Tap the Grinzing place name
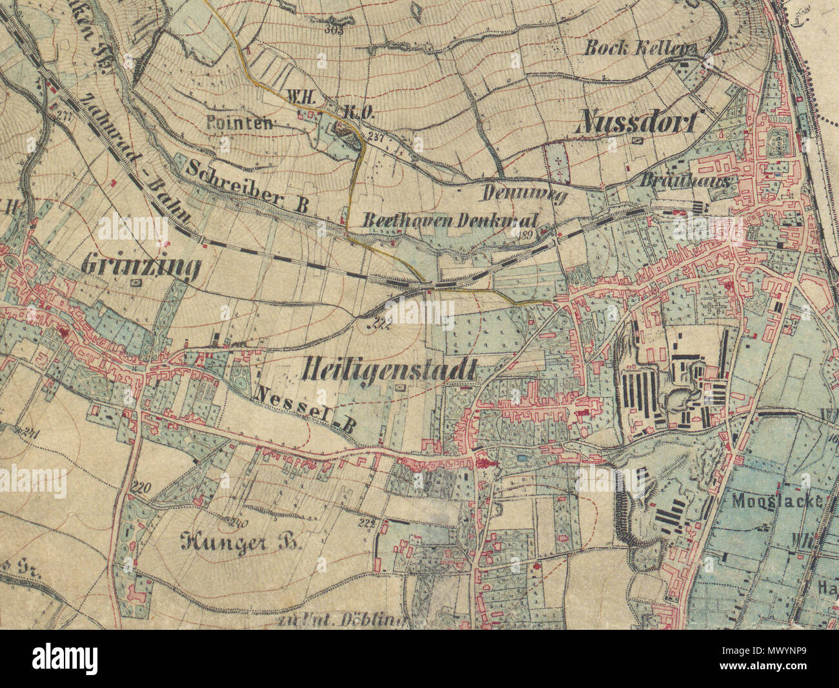141,266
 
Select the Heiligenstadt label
389,370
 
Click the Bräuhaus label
685,182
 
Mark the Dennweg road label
524,193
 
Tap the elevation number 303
334,29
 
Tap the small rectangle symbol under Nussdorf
639,140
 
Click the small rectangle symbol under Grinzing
136,283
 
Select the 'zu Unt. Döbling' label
341,621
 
